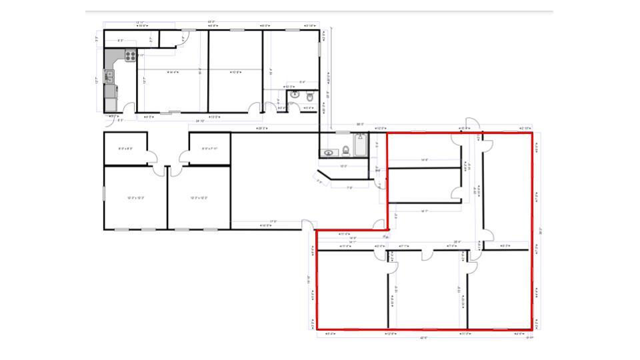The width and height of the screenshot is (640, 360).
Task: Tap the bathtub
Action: click(360, 145)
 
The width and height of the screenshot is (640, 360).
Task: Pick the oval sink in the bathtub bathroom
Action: click(329, 153)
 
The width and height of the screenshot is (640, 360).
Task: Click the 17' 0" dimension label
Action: click(273, 221)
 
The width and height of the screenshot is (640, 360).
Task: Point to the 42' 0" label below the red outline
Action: click(423, 337)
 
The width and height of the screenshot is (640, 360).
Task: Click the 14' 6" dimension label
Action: click(423, 160)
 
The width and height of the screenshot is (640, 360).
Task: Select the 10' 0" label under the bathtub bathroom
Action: click(344, 166)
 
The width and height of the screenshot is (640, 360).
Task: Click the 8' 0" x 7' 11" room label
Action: click(210, 148)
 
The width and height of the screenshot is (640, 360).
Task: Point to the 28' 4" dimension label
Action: click(457, 241)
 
